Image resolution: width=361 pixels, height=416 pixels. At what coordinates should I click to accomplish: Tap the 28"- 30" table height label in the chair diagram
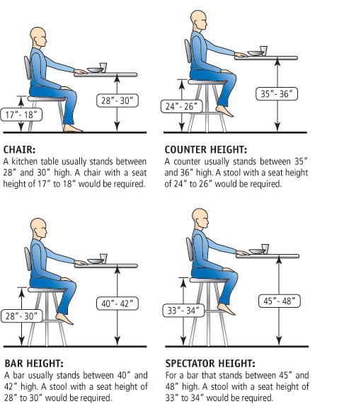115,100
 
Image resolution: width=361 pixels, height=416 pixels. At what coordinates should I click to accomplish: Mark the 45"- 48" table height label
279,299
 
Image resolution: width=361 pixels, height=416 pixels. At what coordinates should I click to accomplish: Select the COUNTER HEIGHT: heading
206,150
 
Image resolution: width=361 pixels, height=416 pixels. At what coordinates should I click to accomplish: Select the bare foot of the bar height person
65,319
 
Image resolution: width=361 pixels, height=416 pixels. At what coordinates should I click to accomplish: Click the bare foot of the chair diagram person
72,129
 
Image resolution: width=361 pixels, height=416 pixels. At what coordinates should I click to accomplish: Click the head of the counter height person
199,18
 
